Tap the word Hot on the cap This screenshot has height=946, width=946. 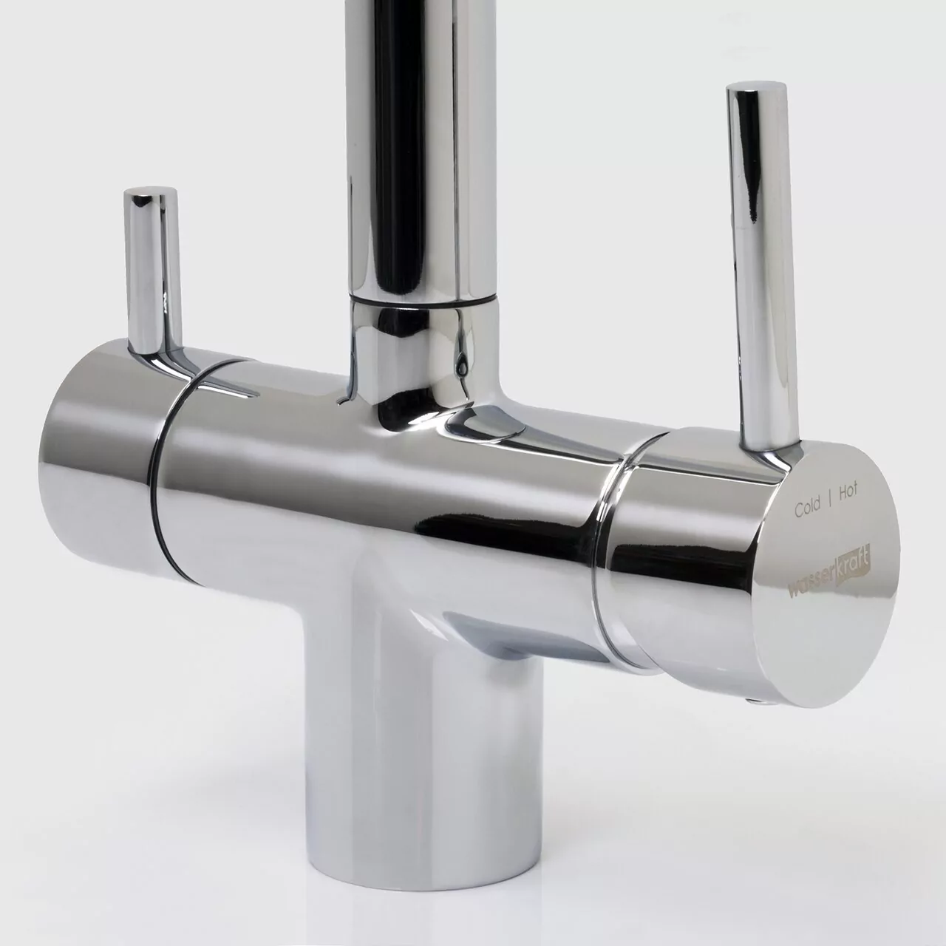coord(847,493)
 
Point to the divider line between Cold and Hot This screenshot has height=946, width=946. coord(830,500)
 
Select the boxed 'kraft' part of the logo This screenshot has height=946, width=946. coord(854,559)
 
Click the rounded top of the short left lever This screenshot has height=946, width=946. coord(151,197)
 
